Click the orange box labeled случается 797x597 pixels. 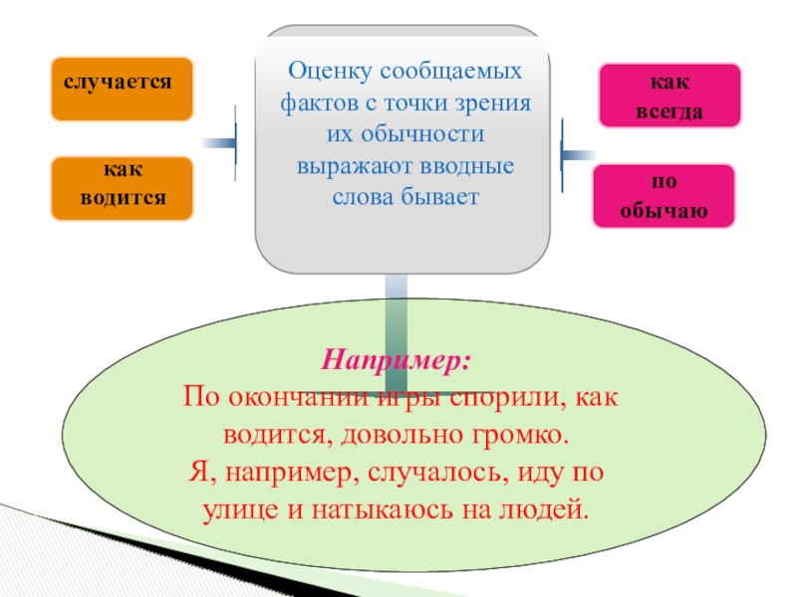coord(122,89)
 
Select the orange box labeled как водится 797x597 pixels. coord(122,188)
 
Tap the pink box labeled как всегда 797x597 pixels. coord(668,97)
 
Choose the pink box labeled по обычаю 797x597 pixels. coord(664,197)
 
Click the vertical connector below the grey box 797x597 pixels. coord(396,308)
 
